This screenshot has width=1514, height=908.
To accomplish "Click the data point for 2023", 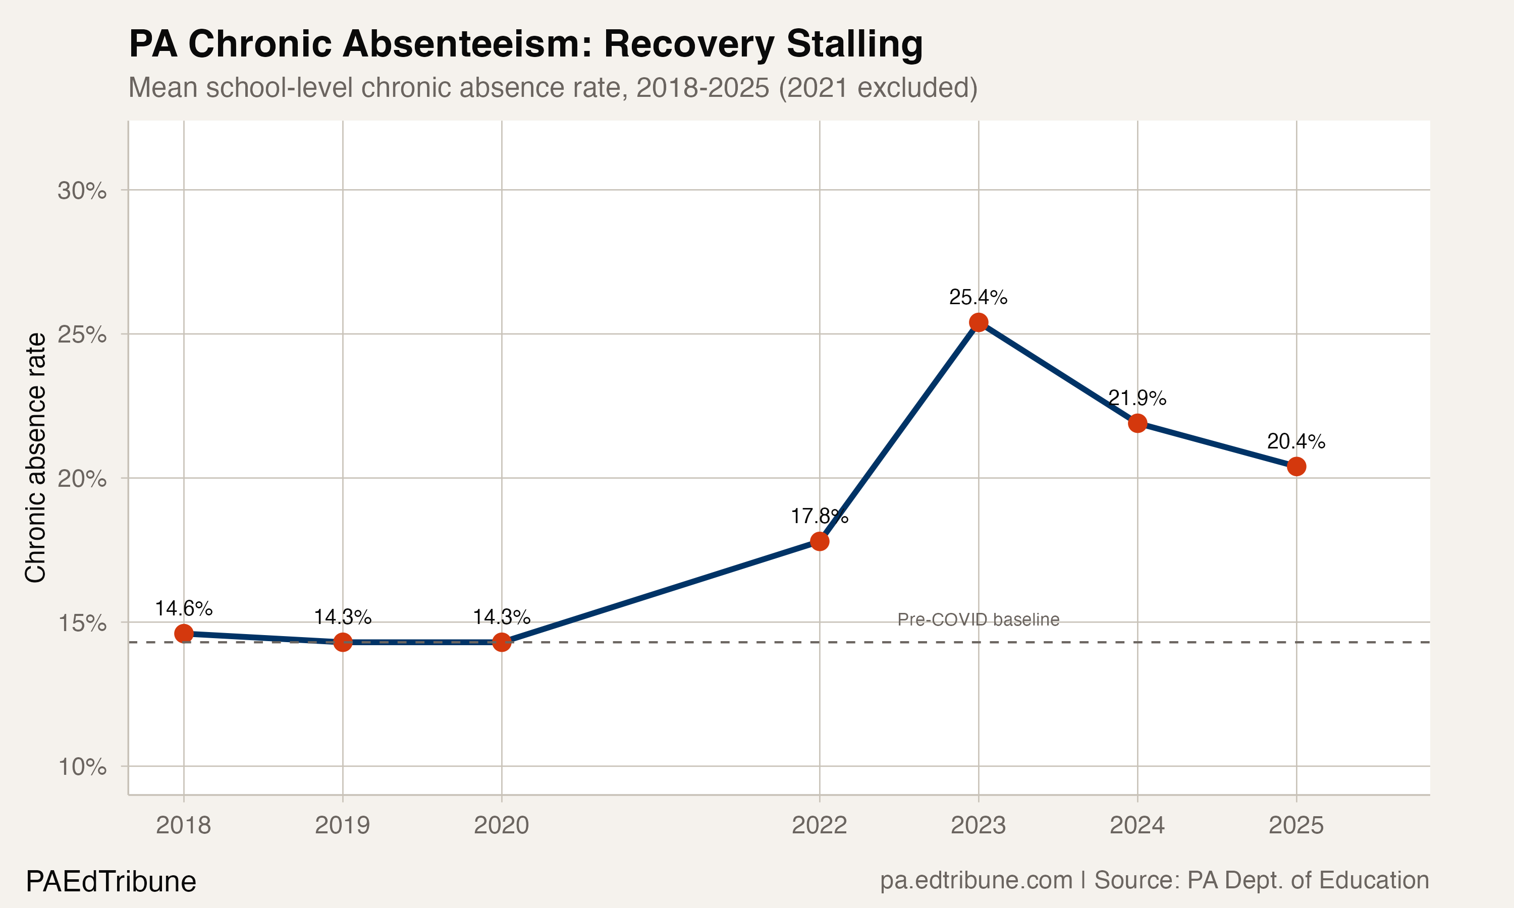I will [x=979, y=322].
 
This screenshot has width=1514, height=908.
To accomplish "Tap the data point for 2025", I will [x=1296, y=466].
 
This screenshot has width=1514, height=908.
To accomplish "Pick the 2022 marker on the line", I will [x=820, y=541].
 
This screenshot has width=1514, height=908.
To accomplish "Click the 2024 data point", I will [x=1137, y=423].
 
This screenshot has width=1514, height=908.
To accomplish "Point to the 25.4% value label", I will [x=978, y=297].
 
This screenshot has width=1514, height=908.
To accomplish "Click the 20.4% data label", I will [x=1295, y=441].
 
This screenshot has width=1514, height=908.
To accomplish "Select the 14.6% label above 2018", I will [x=184, y=608].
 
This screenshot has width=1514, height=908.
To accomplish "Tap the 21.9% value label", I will [x=1137, y=399].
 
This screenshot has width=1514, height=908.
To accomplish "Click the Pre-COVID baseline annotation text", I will [x=978, y=620].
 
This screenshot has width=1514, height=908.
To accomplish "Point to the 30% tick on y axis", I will [x=82, y=191].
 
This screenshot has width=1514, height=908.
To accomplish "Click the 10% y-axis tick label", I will [x=82, y=767].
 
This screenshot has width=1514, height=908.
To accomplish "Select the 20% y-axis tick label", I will [x=82, y=479].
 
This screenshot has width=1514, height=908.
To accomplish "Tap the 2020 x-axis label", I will [x=501, y=825].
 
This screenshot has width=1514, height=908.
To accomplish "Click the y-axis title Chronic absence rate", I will [x=35, y=458].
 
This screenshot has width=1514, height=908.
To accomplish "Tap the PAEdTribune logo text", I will [x=111, y=882].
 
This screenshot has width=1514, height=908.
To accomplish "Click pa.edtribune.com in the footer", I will [x=976, y=880].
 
